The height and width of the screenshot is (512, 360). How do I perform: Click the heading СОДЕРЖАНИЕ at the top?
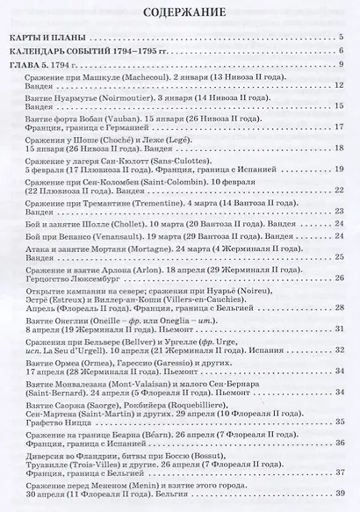click(x=180, y=14)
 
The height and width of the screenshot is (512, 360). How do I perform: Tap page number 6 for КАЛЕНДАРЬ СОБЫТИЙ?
click(x=340, y=53)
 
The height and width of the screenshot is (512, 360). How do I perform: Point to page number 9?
click(x=340, y=67)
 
